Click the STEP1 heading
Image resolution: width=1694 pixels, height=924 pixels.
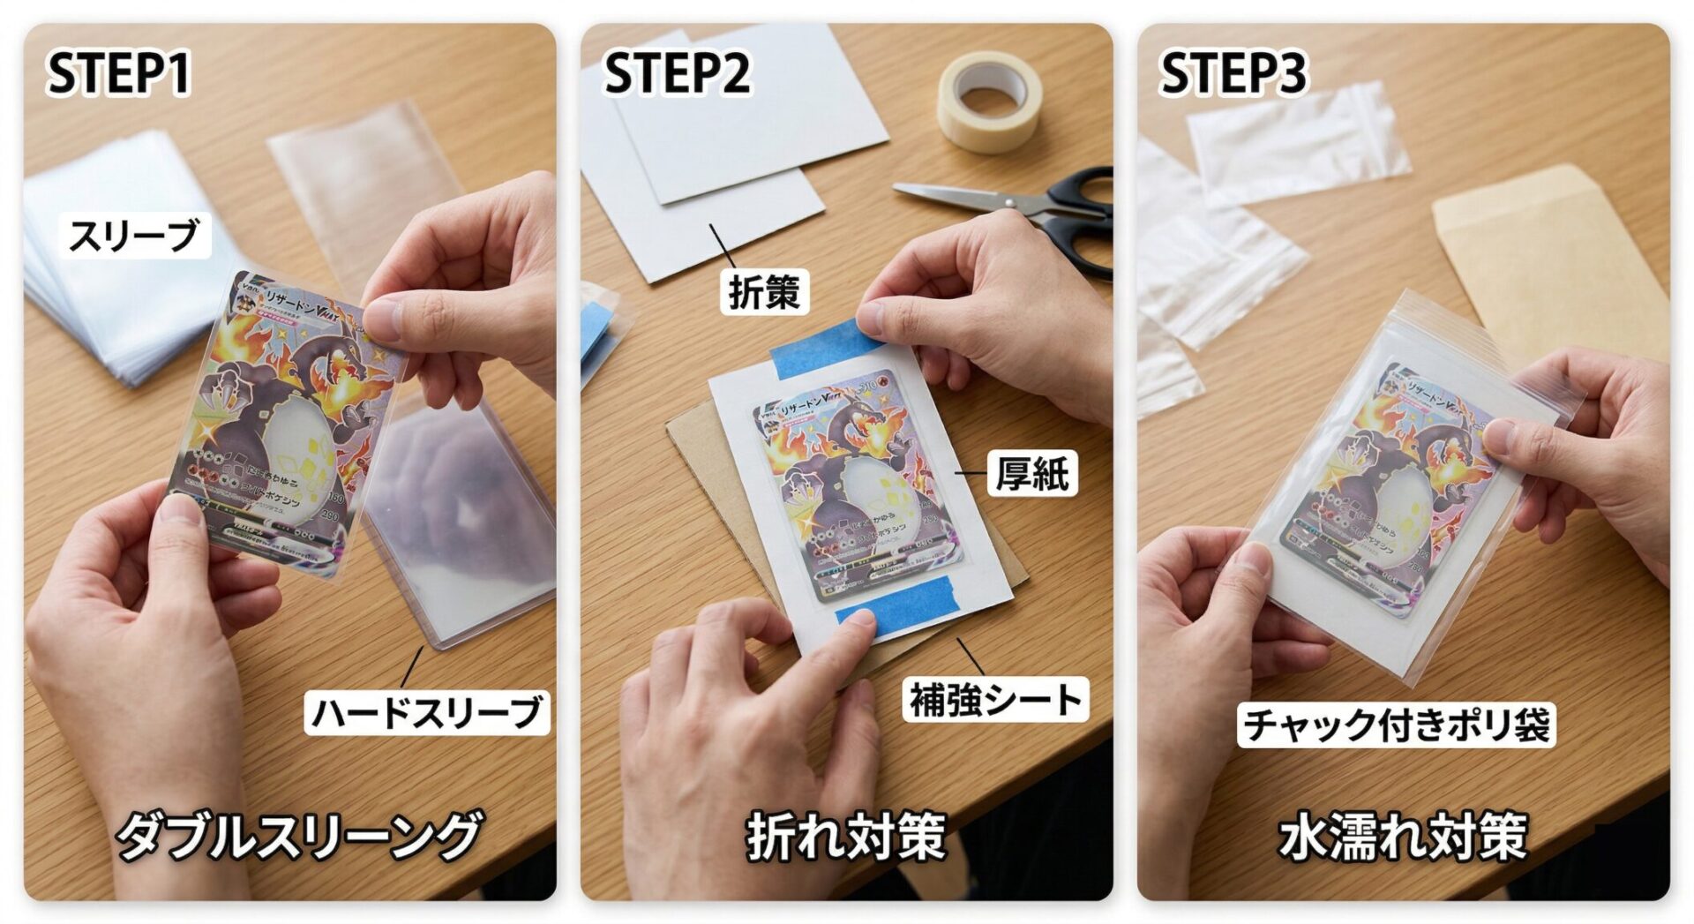pos(118,72)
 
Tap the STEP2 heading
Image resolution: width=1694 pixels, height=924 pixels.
pos(677,72)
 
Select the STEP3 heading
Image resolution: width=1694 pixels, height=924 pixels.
pos(1233,72)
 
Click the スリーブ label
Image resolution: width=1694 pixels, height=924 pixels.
pos(134,236)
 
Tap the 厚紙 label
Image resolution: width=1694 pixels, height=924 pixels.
pos(1031,474)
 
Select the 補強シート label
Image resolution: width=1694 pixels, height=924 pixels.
pos(995,701)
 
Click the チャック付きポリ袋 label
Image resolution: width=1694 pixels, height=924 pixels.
pos(1396,725)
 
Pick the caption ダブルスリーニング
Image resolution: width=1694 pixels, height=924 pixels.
pos(298,835)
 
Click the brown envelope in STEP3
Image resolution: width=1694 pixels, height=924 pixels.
pos(1553,256)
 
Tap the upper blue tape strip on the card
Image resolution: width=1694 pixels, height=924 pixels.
pos(816,349)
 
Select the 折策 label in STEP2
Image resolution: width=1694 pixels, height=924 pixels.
pos(764,292)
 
